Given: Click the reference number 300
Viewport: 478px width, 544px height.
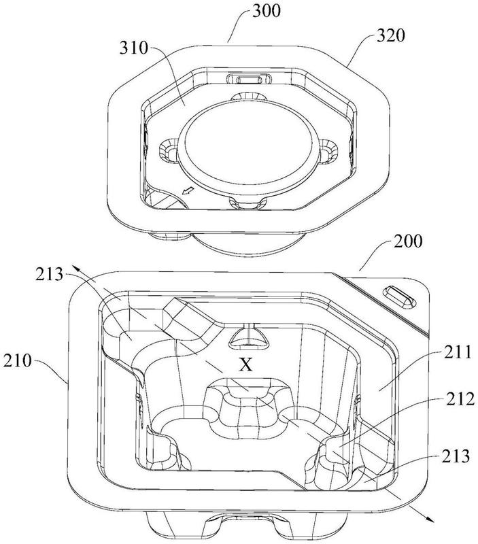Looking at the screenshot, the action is point(266,11).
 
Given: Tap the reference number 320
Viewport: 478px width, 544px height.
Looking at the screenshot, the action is point(391,35).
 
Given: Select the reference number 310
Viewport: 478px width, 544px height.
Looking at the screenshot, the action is point(134,48).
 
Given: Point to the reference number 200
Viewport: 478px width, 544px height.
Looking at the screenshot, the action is point(408,241).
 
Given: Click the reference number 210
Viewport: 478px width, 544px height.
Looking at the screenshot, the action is point(18,361).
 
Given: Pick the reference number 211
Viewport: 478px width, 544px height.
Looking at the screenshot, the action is point(458,352).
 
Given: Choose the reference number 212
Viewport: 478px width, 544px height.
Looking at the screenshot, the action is point(460,399).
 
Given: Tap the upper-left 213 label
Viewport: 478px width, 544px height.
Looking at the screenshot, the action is point(49,275).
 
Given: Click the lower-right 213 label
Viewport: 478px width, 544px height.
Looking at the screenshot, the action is point(456,456).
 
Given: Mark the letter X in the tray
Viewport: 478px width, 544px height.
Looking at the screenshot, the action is point(246,365).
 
